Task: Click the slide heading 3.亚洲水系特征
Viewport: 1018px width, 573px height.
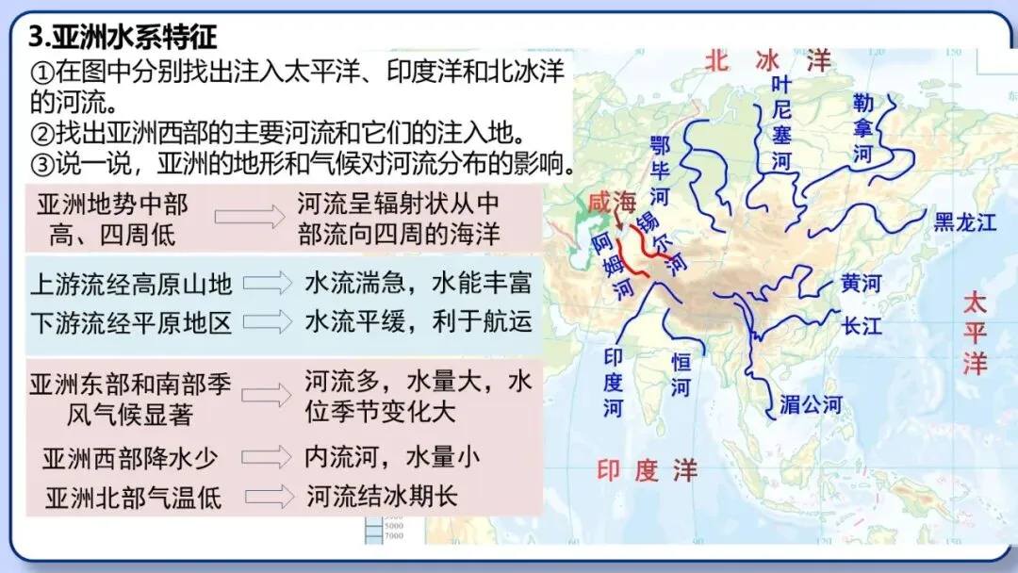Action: click(123, 37)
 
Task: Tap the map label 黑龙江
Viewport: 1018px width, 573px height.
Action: click(964, 222)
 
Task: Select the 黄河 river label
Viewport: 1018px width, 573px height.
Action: click(861, 284)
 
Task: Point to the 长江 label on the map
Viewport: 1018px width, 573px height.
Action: click(862, 326)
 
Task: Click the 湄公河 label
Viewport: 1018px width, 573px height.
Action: click(810, 405)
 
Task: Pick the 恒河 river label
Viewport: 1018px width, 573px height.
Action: click(681, 375)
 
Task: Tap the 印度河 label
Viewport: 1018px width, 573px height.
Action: click(614, 383)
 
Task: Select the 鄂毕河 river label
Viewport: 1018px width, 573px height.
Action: click(660, 171)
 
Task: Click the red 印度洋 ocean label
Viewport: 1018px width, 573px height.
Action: click(648, 469)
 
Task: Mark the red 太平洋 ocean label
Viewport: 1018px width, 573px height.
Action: click(975, 334)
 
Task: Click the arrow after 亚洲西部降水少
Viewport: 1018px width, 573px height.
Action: click(267, 458)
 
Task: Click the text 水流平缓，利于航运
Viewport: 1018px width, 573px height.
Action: click(418, 321)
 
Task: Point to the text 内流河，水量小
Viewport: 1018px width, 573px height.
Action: click(392, 457)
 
